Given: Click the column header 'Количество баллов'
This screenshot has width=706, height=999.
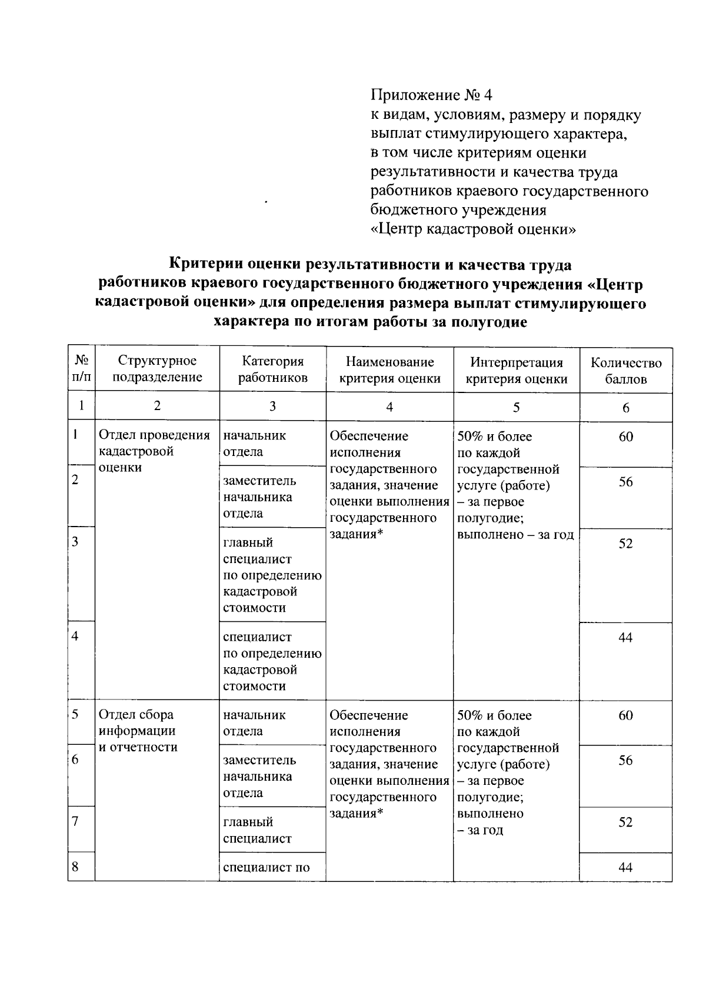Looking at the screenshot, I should [x=626, y=371].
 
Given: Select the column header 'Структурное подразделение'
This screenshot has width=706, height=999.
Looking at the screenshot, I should [x=157, y=369].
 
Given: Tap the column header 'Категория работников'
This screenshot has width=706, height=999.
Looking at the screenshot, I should [x=272, y=369].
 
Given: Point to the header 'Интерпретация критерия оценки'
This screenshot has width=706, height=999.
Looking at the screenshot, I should [x=516, y=370].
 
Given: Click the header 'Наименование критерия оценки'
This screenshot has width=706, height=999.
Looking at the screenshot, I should [x=389, y=369].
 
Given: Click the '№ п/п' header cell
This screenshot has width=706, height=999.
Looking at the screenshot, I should [x=81, y=368].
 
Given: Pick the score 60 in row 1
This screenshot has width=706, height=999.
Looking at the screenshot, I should [x=625, y=437].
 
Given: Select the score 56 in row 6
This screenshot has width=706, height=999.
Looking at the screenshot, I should [x=625, y=760].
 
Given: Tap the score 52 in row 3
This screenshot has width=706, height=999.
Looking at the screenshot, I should [x=625, y=543].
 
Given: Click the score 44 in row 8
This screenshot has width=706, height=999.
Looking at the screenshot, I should [x=625, y=867].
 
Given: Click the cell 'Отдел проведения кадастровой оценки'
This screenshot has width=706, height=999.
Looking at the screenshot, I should [x=154, y=451].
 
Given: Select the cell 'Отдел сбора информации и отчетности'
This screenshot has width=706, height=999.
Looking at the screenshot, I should [x=138, y=731].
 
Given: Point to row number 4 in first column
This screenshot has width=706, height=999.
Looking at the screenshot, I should [x=75, y=636].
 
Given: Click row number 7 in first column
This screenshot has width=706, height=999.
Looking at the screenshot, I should [x=75, y=821].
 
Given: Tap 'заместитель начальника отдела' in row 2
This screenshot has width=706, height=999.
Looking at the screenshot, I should [x=259, y=497].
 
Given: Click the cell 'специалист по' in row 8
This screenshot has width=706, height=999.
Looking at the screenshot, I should [x=266, y=867].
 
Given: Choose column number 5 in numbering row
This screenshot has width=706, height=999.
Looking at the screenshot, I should [x=516, y=407].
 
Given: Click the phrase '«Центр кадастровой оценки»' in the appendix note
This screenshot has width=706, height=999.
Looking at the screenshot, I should [x=473, y=229].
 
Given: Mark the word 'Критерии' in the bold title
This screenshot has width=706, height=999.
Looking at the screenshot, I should [x=204, y=265].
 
